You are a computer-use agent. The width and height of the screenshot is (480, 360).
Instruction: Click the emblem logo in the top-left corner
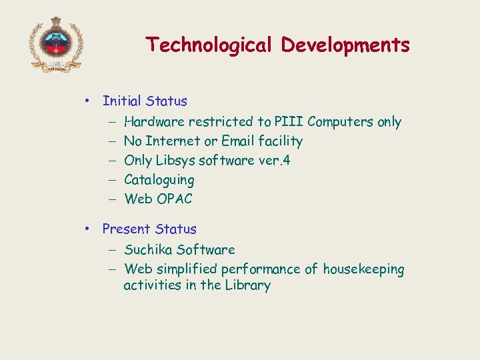point(55,44)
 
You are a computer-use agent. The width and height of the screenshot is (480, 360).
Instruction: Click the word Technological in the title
point(209,45)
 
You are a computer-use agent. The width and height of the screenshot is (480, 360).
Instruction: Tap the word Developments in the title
point(345,45)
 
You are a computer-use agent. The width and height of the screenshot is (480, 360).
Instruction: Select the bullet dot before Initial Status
point(87,101)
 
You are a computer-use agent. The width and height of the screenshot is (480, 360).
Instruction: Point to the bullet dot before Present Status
point(87,229)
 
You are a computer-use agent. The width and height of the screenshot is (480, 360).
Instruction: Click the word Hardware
point(154,121)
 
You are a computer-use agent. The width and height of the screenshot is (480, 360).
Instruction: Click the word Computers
point(341,122)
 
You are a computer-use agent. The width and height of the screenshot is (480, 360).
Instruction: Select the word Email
point(237,141)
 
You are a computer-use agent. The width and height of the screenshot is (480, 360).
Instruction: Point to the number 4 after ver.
point(287,160)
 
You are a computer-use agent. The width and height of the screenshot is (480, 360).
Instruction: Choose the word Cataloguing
point(159,180)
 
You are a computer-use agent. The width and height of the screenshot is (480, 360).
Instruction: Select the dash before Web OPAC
point(110,199)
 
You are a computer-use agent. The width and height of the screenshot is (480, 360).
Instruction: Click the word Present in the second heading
point(126,229)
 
